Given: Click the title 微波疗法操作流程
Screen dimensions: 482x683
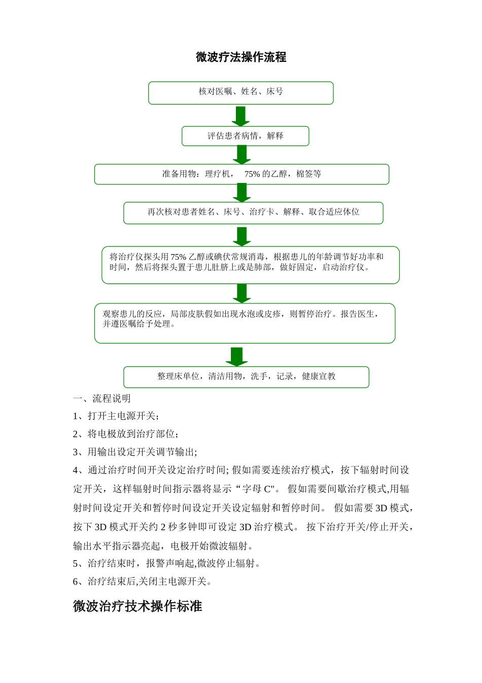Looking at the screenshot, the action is (x=241, y=57).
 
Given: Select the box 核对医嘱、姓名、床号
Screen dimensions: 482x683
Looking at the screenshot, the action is (x=240, y=92).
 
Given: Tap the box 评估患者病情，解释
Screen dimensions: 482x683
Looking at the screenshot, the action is (x=245, y=136).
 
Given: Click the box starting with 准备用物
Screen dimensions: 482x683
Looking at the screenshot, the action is (x=242, y=174).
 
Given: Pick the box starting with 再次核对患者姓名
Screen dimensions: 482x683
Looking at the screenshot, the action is (x=253, y=212).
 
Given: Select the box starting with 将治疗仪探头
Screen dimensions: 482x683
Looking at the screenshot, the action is (x=250, y=264).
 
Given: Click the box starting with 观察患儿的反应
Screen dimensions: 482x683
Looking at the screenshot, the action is (x=245, y=322).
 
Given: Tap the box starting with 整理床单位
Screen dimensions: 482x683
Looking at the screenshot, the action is (x=246, y=377).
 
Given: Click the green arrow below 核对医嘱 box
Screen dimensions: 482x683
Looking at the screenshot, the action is (x=240, y=116).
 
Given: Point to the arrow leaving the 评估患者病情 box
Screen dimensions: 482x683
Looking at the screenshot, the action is (x=242, y=154).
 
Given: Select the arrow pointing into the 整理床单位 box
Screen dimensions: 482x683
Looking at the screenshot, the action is (x=236, y=356).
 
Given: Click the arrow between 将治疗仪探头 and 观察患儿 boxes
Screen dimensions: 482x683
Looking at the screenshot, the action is (x=242, y=293).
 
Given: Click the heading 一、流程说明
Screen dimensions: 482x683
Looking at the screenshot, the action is (x=101, y=398).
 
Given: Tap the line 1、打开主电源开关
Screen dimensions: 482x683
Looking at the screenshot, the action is (x=116, y=416).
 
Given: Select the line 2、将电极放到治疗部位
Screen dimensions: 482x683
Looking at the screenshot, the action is (x=126, y=434).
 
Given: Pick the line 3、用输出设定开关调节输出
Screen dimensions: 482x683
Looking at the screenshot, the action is (x=135, y=452).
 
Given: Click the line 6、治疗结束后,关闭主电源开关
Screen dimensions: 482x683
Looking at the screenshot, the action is (x=142, y=581).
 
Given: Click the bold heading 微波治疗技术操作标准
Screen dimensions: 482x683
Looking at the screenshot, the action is (x=137, y=606).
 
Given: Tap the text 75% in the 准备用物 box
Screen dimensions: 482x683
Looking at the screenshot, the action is (x=252, y=174).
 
